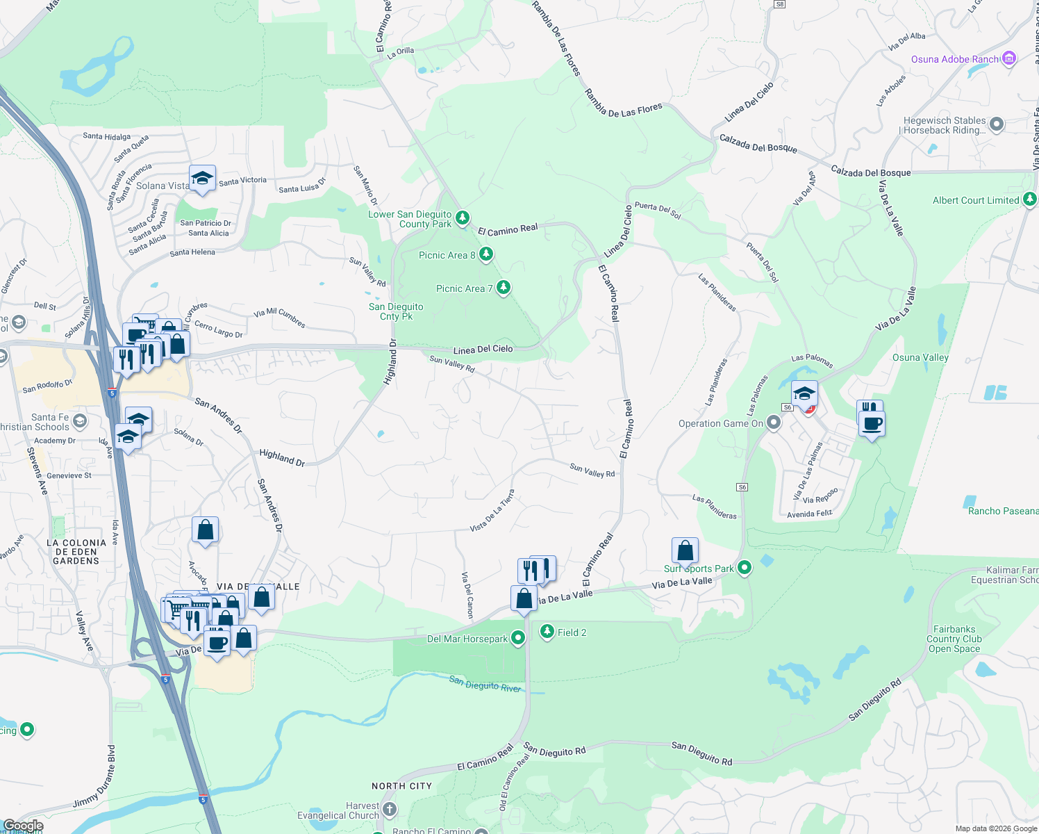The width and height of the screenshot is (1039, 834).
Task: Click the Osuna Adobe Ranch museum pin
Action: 1009,59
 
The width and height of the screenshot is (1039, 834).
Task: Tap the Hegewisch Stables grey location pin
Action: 997,124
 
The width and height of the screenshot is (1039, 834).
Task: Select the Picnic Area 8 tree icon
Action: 486,254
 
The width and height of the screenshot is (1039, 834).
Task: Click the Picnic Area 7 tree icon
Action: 503,287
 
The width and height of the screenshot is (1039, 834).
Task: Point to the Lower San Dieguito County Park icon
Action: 462,218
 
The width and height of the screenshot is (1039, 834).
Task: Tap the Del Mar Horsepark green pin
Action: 517,638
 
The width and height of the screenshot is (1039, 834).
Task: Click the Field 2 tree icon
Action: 547,631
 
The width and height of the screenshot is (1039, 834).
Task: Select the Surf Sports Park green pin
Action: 745,568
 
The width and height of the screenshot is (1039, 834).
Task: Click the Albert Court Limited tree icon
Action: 1030,199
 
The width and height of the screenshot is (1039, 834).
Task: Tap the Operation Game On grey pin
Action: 774,423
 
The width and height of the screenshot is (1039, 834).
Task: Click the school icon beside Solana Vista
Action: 202,179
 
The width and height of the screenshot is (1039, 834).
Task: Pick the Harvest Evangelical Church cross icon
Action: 390,809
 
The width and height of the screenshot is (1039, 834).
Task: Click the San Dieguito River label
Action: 485,685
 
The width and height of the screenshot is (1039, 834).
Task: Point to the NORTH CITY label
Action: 401,786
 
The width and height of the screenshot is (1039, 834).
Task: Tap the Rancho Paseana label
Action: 1003,511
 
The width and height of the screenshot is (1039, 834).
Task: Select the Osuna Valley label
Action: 920,357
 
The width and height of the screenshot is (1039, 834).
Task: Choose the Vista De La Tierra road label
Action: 492,511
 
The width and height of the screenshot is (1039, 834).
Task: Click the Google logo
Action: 23,826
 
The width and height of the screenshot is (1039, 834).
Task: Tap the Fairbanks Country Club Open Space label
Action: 954,639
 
